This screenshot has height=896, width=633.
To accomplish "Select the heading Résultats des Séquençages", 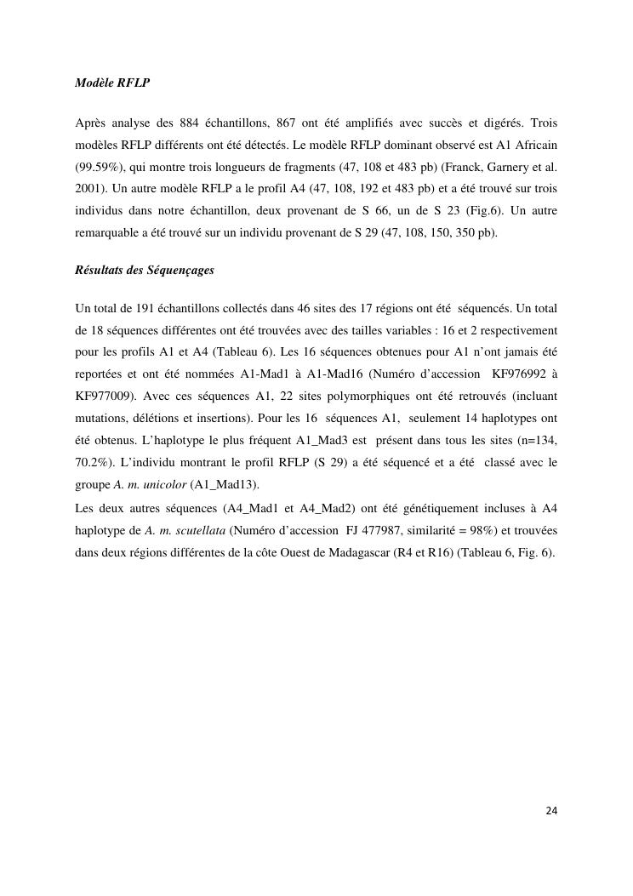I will (145, 270).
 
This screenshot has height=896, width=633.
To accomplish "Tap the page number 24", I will (551, 810).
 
